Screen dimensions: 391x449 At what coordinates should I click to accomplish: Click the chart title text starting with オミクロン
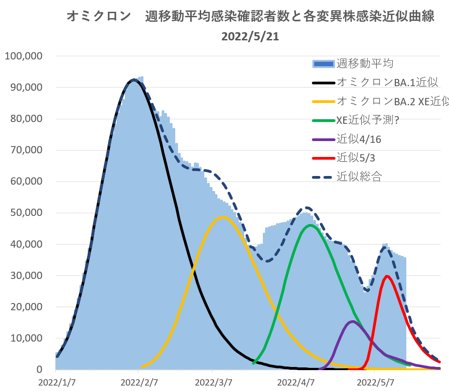(250, 17)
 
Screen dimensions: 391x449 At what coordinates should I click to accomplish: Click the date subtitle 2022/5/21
(250, 37)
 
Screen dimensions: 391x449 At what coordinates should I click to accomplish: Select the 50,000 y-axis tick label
(26, 212)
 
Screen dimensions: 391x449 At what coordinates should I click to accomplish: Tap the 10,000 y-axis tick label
(26, 338)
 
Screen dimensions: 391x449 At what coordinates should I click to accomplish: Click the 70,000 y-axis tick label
(26, 150)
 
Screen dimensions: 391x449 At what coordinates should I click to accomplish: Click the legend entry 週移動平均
(365, 64)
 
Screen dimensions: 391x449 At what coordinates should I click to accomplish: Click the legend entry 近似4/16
(359, 139)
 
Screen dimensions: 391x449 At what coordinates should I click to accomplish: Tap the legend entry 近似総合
(359, 177)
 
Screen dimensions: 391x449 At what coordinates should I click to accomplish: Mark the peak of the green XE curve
(311, 225)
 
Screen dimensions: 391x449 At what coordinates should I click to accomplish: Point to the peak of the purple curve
(353, 322)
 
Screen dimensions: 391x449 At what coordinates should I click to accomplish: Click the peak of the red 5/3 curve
(387, 276)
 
